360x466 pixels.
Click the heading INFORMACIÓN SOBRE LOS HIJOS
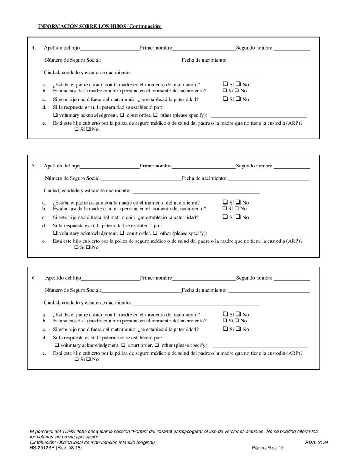100,26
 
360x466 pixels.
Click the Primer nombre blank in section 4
204,48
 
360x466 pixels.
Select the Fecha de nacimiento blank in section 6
269,290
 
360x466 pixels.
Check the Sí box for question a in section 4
225,84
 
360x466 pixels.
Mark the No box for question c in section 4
238,99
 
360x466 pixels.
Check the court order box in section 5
122,233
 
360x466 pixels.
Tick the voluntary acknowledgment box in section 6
56,345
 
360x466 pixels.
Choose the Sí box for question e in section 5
77,247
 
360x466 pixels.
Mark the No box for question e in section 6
89,360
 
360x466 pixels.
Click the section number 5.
33,166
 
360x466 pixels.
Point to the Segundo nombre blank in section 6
291,278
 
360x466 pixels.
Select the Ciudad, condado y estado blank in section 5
196,190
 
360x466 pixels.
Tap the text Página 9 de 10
268,448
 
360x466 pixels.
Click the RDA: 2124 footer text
316,442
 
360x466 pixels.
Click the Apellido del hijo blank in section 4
110,48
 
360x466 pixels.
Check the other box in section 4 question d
155,115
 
